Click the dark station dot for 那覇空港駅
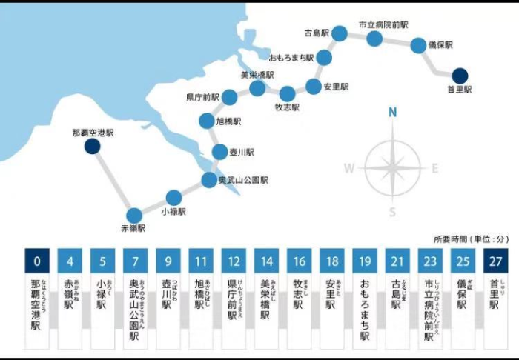point(92,147)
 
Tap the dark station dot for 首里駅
point(460,76)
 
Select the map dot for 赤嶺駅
point(134,215)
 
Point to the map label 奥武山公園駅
point(244,180)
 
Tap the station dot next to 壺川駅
point(219,152)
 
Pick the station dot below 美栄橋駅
point(258,89)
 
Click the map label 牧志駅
point(287,107)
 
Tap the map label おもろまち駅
point(291,57)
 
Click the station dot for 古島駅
point(340,33)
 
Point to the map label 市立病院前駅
point(383,24)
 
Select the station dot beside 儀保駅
point(418,45)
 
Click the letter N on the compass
point(393,113)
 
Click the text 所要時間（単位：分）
point(472,239)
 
